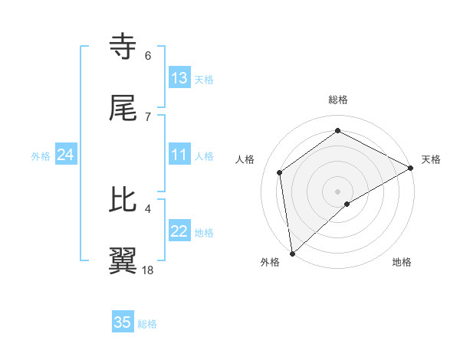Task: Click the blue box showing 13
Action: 179,78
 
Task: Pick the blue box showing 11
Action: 179,155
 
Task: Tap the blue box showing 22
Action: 179,231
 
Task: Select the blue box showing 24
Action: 65,155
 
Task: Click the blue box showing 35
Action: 123,322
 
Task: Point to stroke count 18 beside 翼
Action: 149,270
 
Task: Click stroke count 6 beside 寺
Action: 148,56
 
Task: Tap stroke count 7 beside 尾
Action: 148,116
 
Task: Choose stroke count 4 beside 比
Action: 148,208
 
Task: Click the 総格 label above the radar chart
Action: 338,100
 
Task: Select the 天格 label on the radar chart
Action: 431,159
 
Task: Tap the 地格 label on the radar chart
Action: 402,262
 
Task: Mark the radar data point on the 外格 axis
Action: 292,253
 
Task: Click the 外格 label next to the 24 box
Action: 41,155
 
